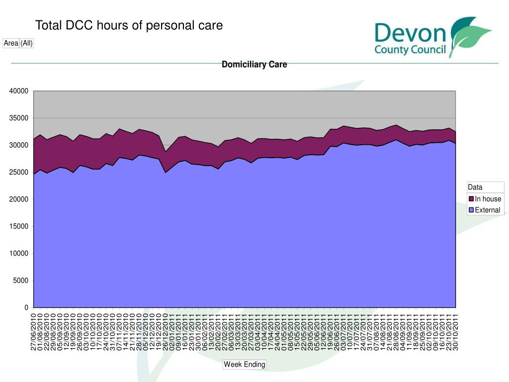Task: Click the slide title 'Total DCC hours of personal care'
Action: click(129, 25)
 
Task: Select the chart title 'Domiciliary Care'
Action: click(254, 65)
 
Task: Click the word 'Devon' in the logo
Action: click(411, 35)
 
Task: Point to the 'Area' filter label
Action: click(11, 43)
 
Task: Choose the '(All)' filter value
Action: click(26, 43)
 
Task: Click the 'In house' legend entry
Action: click(488, 199)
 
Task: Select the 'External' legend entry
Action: click(487, 210)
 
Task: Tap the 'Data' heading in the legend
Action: click(475, 188)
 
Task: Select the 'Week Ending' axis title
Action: click(245, 365)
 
